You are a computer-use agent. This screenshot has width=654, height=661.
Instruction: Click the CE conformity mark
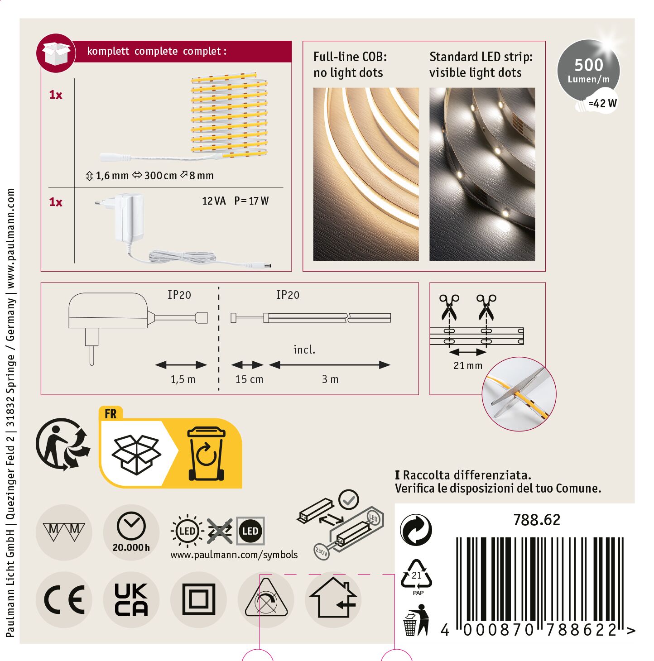[x=64, y=599]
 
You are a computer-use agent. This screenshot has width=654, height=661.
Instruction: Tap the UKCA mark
[x=131, y=599]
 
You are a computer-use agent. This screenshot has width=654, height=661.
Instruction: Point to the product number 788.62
[x=537, y=520]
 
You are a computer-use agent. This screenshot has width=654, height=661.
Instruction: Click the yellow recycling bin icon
[x=207, y=454]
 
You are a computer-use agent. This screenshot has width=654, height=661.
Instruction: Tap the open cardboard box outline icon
[x=136, y=455]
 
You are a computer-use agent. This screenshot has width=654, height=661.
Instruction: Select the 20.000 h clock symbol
[x=131, y=532]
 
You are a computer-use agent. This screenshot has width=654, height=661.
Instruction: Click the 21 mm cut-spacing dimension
[x=467, y=366]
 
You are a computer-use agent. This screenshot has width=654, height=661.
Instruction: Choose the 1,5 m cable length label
[x=183, y=379]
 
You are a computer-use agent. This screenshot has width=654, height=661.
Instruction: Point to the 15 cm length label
[x=249, y=379]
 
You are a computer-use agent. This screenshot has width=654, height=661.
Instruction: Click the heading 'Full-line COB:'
[x=350, y=57]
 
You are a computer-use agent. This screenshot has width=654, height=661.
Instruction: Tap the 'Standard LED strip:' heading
[x=481, y=57]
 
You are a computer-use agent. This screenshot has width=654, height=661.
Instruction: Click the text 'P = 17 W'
[x=251, y=201]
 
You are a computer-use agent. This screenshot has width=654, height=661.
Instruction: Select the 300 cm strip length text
[x=160, y=176]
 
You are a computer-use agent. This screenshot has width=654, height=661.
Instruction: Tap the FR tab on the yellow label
[x=111, y=414]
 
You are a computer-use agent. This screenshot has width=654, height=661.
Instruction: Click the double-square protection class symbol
[x=198, y=599]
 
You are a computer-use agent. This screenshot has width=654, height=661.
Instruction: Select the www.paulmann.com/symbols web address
[x=234, y=555]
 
